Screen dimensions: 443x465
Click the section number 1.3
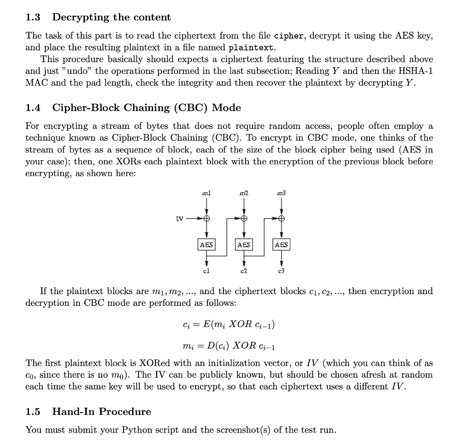[x=33, y=17]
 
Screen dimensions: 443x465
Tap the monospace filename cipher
[x=289, y=36]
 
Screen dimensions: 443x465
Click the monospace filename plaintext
[x=252, y=48]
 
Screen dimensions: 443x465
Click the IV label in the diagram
[x=179, y=219]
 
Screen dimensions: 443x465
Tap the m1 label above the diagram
[x=207, y=194]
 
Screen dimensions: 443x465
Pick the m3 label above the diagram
[x=281, y=194]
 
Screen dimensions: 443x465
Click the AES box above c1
[x=207, y=245]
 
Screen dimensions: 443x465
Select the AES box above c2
[x=244, y=245]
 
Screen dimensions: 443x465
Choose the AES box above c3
[x=281, y=245]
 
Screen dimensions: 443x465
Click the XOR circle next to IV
[x=207, y=219]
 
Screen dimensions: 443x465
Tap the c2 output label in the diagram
[x=244, y=271]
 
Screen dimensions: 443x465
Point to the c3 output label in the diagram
[x=281, y=271]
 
